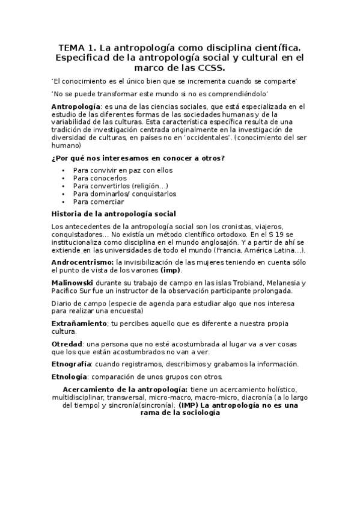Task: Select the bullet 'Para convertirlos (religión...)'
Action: (120, 186)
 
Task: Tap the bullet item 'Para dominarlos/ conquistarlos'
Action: (124, 194)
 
